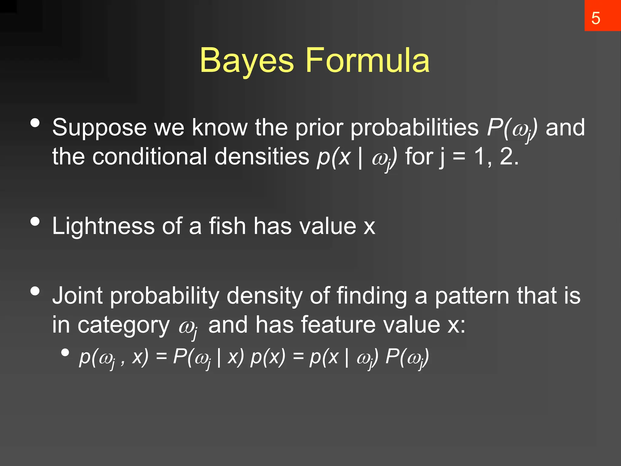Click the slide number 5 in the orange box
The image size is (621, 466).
[x=596, y=18]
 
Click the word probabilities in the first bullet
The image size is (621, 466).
[x=414, y=127]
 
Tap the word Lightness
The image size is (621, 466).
[x=103, y=226]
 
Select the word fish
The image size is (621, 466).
[x=227, y=226]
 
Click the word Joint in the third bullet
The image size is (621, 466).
[x=77, y=296]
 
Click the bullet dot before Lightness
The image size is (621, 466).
[x=35, y=221]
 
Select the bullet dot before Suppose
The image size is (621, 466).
[x=35, y=123]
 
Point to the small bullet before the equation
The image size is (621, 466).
[x=65, y=352]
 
